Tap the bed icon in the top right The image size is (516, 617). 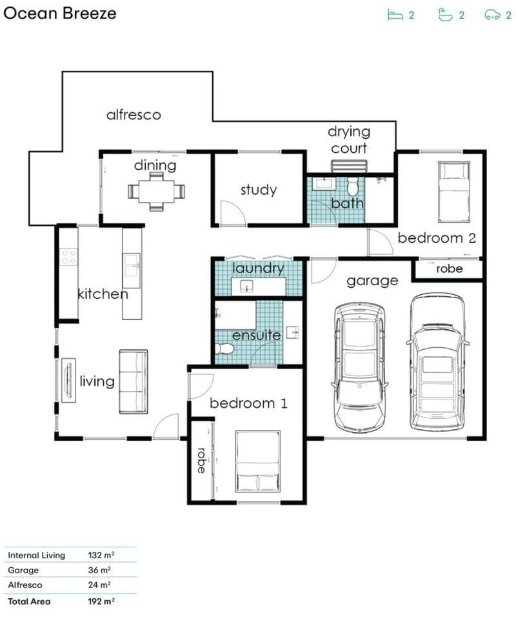pos(394,15)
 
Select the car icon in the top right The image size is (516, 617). pos(493,15)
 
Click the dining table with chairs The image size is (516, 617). pos(156,191)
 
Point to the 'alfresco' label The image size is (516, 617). pos(133,116)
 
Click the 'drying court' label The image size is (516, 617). pos(348,139)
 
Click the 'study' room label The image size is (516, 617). pos(258,190)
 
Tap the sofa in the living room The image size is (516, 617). pos(133,381)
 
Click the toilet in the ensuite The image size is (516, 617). pos(225,349)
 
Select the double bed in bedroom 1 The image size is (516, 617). pos(257,462)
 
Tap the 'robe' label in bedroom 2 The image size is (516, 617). pos(449,268)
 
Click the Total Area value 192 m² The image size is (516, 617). pos(101,602)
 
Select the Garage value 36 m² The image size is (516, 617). pos(99,571)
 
